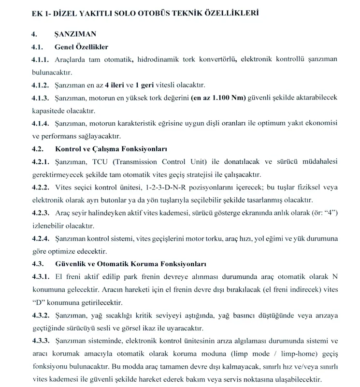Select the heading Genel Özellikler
[x=81, y=47]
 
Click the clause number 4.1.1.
[x=40, y=59]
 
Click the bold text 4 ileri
[x=118, y=85]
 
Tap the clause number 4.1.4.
[x=40, y=123]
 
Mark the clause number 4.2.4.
[x=40, y=238]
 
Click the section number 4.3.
[x=38, y=264]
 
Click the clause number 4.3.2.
[x=40, y=315]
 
